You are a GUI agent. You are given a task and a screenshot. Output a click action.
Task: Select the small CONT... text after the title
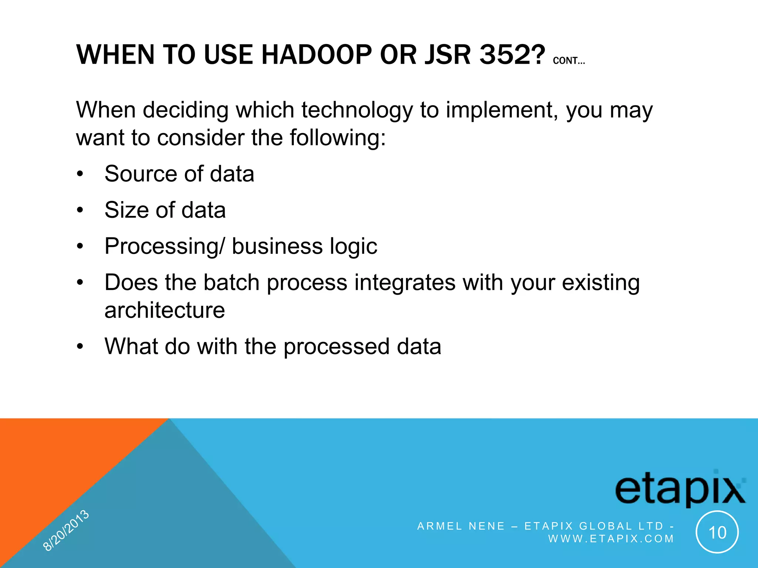point(569,61)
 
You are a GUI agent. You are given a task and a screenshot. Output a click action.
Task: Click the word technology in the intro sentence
point(357,110)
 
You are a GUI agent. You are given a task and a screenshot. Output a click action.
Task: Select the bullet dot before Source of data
point(80,174)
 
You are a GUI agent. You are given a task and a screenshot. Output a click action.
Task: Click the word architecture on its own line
point(165,310)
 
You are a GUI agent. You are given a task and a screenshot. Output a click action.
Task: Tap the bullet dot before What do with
point(80,347)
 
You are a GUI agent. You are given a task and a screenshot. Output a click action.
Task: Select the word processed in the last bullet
point(336,347)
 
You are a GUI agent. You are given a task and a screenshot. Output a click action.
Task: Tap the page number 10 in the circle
point(717,532)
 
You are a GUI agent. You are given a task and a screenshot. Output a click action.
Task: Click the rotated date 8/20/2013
point(66,530)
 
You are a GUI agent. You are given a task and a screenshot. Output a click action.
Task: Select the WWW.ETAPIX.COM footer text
point(611,538)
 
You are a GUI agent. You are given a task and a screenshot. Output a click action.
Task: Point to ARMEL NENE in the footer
point(461,526)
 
